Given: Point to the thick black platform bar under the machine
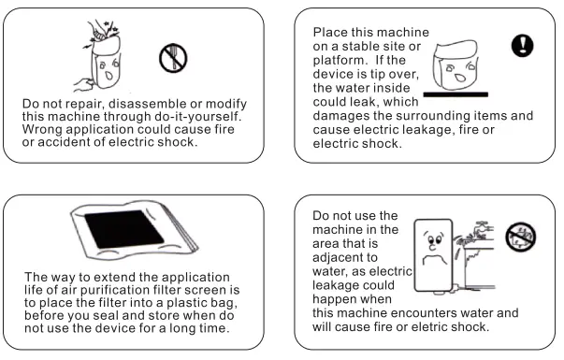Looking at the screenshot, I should tap(456, 94).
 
